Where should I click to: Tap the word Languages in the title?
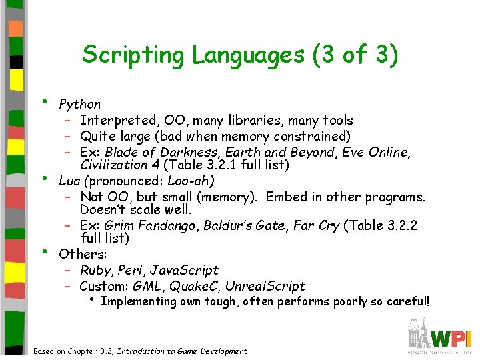click(249, 55)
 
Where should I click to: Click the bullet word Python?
click(80, 104)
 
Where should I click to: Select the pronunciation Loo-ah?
click(189, 180)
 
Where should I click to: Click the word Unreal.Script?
click(265, 287)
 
